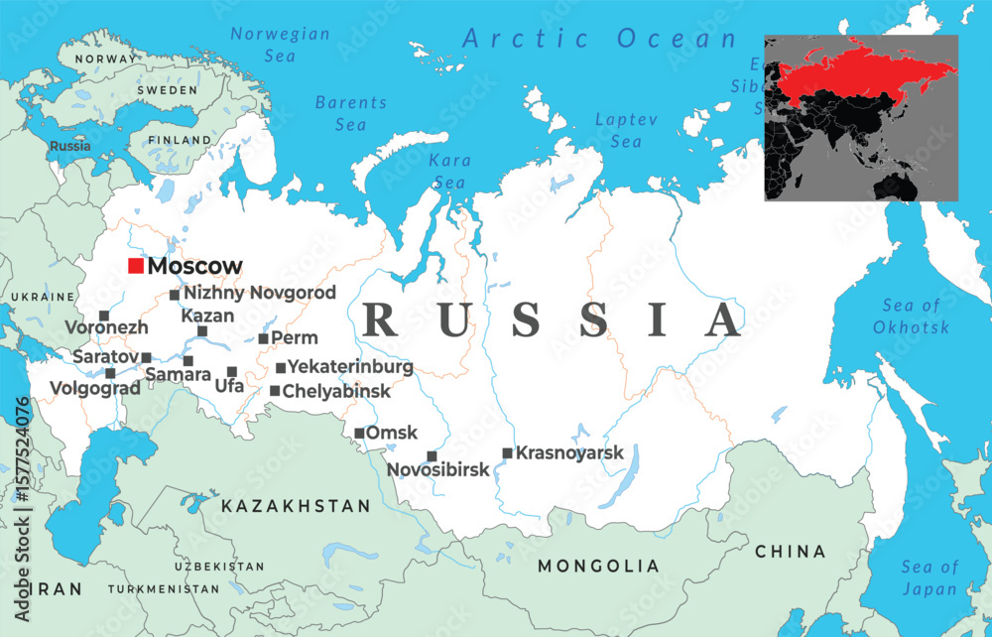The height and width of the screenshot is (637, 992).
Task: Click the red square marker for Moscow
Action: (136, 266)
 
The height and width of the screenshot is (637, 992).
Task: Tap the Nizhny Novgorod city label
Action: (260, 293)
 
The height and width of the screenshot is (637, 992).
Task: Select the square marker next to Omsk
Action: (359, 433)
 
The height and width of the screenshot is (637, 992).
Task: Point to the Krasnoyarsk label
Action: (569, 452)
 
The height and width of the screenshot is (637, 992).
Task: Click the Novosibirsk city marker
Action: (432, 456)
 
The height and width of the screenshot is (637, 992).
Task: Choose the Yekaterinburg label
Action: (349, 367)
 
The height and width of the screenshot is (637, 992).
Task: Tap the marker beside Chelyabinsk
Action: (275, 390)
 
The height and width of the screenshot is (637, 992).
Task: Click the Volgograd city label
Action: (94, 389)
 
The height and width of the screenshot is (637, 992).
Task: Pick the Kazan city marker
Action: (202, 331)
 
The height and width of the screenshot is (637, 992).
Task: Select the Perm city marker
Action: (263, 338)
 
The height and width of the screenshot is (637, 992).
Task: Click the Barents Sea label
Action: (351, 113)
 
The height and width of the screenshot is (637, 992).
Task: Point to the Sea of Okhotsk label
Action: (911, 317)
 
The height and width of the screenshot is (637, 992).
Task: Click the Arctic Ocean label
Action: (600, 39)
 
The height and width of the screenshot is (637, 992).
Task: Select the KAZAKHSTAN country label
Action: (296, 506)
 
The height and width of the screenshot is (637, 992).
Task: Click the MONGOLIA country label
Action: (598, 567)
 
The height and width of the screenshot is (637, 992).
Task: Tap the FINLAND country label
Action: (179, 141)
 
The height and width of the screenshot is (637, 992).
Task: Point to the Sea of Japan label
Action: (930, 577)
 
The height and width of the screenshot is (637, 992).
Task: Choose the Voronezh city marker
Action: (104, 316)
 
